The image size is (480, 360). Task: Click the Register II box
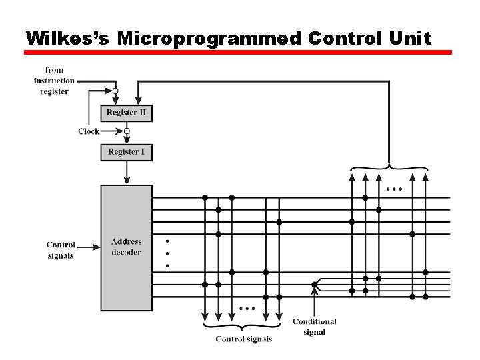pyautogui.click(x=127, y=113)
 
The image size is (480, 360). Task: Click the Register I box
pyautogui.click(x=127, y=152)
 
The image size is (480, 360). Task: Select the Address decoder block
pyautogui.click(x=127, y=247)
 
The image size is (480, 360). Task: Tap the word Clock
pyautogui.click(x=88, y=131)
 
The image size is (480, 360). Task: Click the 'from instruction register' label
pyautogui.click(x=54, y=81)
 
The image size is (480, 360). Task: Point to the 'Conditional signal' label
pyautogui.click(x=314, y=327)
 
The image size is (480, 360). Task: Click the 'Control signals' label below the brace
pyautogui.click(x=243, y=339)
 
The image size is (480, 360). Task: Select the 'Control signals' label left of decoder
pyautogui.click(x=61, y=250)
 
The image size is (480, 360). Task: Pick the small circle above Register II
pyautogui.click(x=115, y=91)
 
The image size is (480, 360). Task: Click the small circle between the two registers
pyautogui.click(x=127, y=131)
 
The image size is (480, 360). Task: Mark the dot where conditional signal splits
pyautogui.click(x=314, y=285)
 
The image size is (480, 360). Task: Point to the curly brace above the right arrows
pyautogui.click(x=389, y=167)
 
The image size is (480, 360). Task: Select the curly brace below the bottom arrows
pyautogui.click(x=243, y=327)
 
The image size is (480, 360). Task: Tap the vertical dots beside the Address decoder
pyautogui.click(x=167, y=253)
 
